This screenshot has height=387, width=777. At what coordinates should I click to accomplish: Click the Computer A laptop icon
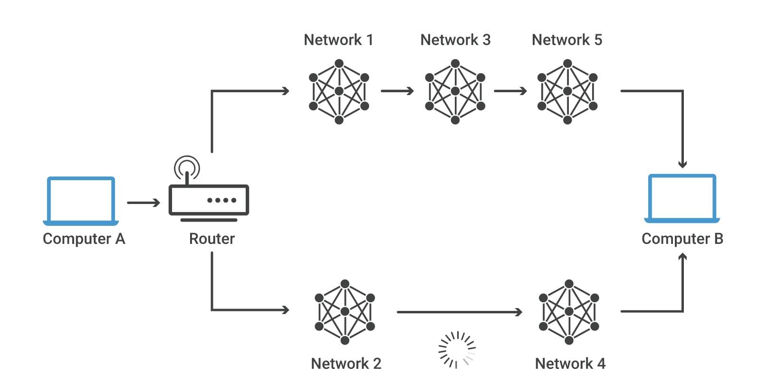81,201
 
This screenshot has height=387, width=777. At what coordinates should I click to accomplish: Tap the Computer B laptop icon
682,198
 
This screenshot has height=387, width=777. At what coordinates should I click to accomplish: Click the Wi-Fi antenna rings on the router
187,167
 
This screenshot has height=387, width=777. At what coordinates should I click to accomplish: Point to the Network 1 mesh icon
339,91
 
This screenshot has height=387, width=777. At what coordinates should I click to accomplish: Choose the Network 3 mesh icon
455,91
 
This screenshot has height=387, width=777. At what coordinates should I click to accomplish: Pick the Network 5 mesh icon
567,91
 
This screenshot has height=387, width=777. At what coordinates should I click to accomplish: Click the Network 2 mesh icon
345,312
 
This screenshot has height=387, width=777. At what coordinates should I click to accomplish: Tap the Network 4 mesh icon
569,312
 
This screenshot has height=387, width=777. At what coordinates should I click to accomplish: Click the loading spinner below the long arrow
456,350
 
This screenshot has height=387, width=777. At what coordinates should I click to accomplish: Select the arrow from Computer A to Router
144,203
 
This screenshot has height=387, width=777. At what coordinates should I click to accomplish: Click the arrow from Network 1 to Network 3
397,91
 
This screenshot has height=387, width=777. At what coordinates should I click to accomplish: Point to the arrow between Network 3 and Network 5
510,91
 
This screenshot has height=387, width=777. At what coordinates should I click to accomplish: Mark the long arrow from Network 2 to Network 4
459,312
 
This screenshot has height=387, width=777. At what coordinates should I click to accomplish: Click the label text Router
212,239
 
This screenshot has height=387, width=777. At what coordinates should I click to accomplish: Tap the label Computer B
682,239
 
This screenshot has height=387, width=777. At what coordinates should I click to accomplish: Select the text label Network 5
567,40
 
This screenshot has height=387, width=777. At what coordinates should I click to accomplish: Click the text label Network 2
346,364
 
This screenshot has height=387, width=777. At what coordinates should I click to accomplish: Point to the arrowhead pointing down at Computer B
682,164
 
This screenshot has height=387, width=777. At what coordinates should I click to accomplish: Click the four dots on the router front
222,200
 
